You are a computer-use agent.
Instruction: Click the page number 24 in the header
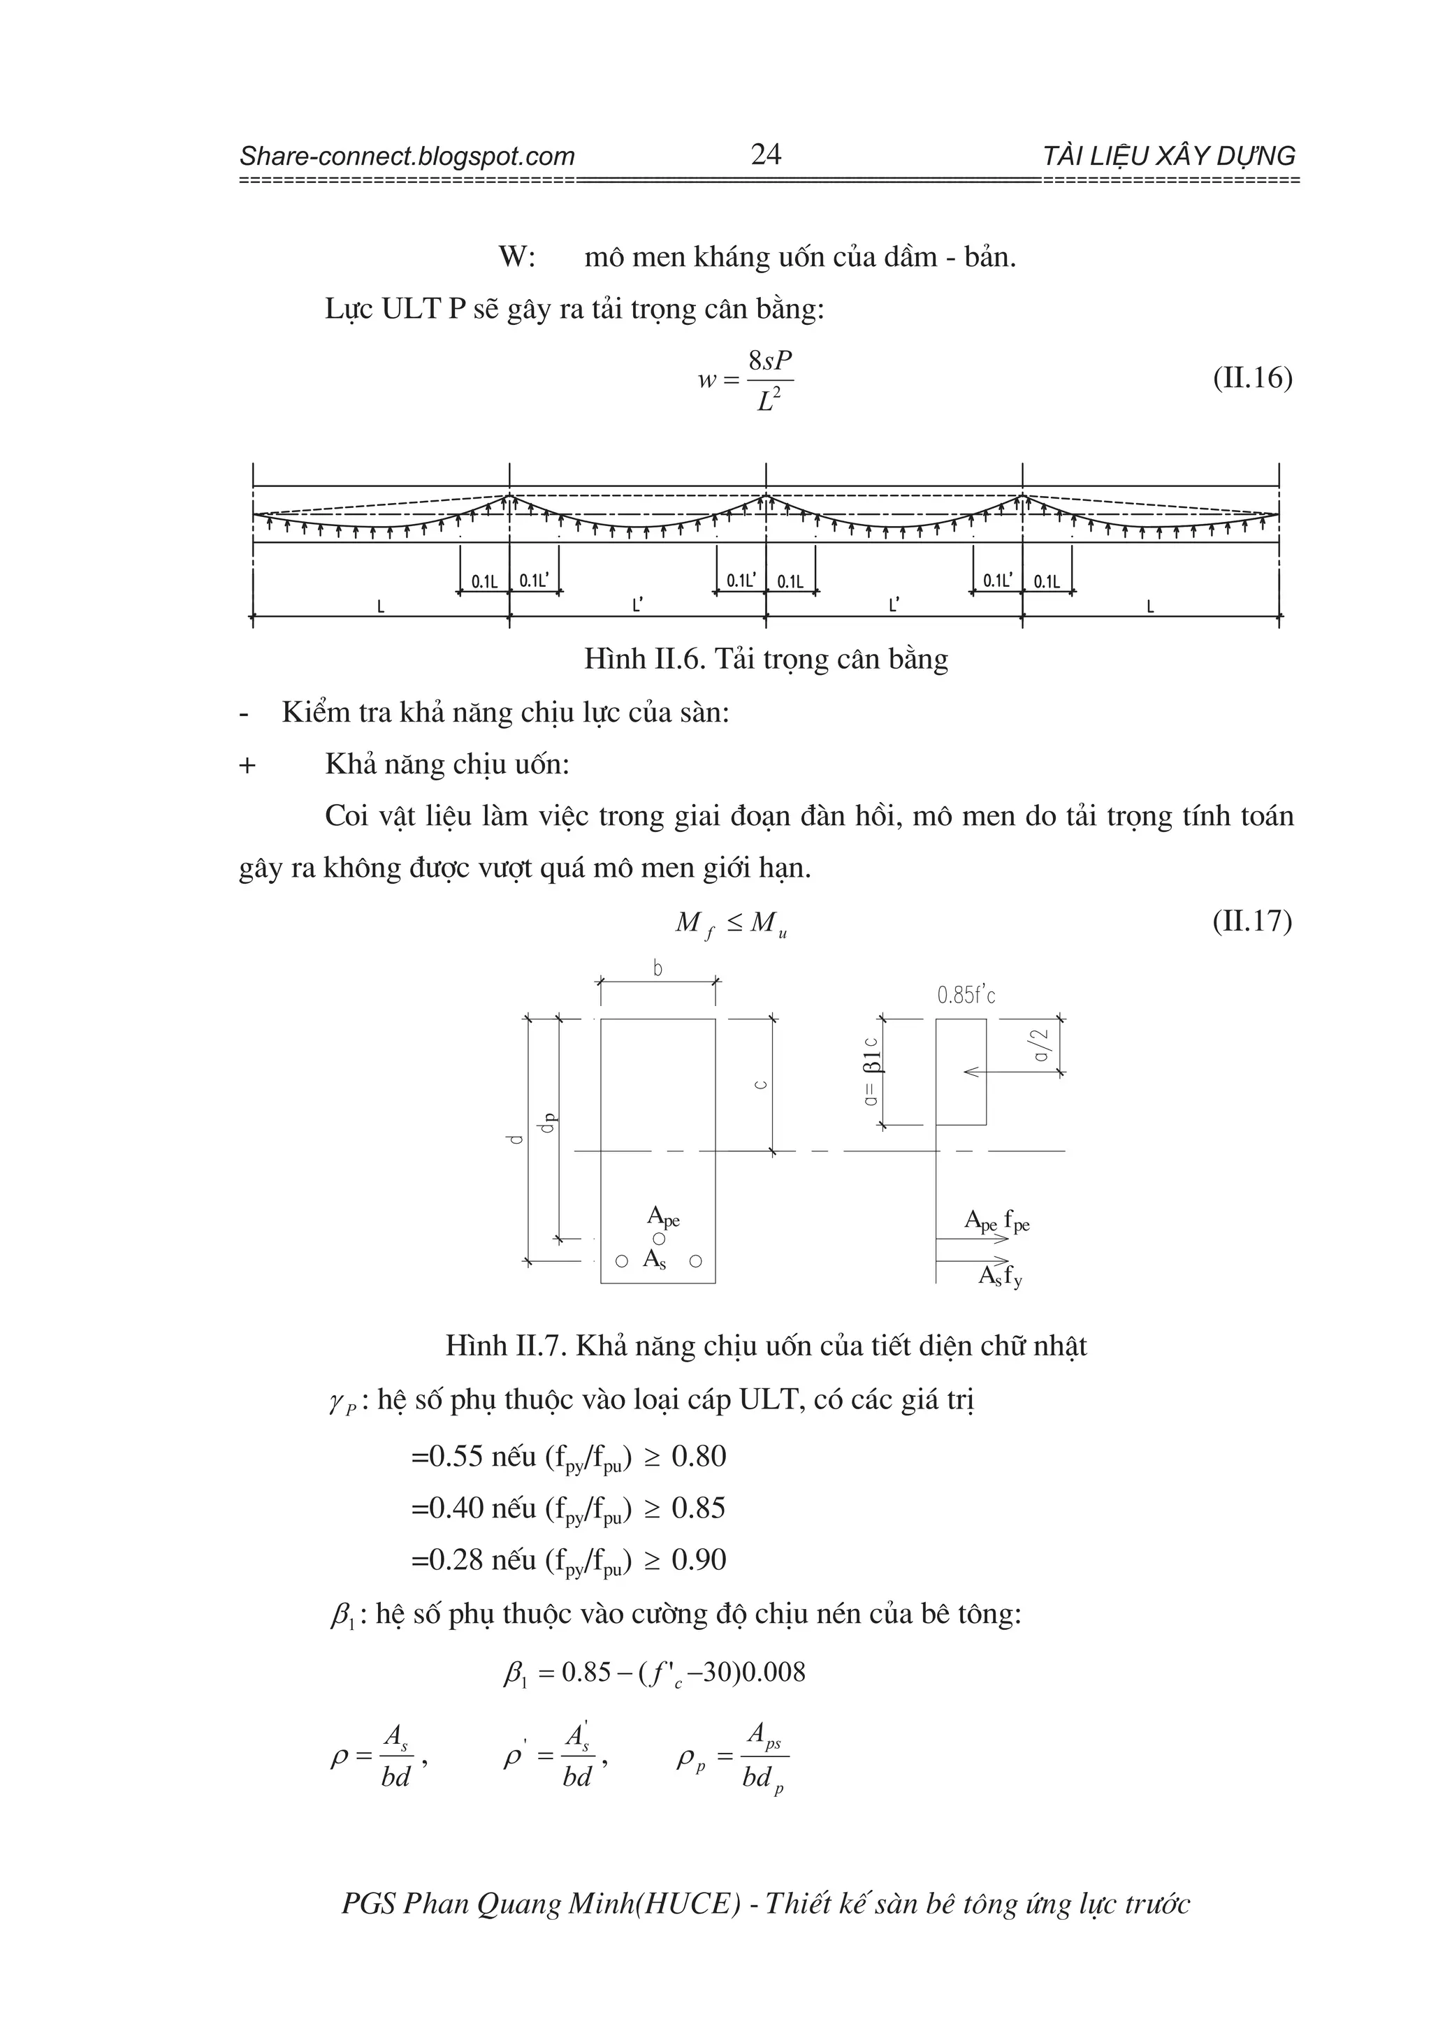tap(765, 155)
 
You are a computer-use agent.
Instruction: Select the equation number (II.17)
tap(1252, 922)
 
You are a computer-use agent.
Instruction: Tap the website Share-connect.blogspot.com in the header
tap(407, 157)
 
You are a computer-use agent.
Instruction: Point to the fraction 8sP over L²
tap(769, 381)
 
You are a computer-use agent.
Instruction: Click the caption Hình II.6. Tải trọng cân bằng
tap(765, 660)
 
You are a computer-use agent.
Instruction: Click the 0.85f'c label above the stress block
tap(966, 996)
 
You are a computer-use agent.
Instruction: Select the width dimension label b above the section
tap(658, 969)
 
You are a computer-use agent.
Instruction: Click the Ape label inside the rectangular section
tap(663, 1217)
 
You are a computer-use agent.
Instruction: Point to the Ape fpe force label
tap(996, 1222)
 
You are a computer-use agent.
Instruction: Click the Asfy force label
tap(1000, 1276)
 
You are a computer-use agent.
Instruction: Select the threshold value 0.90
tap(698, 1560)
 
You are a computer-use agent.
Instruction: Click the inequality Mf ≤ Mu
tap(731, 924)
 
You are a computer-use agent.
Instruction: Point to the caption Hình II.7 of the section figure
tap(765, 1346)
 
